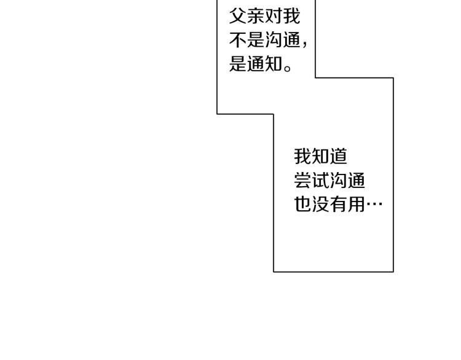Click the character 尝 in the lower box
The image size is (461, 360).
pyautogui.click(x=303, y=181)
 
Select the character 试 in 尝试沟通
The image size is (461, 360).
pyautogui.click(x=321, y=181)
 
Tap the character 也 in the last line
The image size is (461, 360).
pyautogui.click(x=303, y=205)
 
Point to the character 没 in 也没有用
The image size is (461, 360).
pyautogui.click(x=321, y=205)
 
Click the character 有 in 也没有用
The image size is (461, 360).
pyautogui.click(x=339, y=205)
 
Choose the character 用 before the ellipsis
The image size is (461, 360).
pyautogui.click(x=357, y=205)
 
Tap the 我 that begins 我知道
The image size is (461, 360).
pyautogui.click(x=303, y=156)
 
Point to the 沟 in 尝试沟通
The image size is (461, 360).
pyautogui.click(x=339, y=181)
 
